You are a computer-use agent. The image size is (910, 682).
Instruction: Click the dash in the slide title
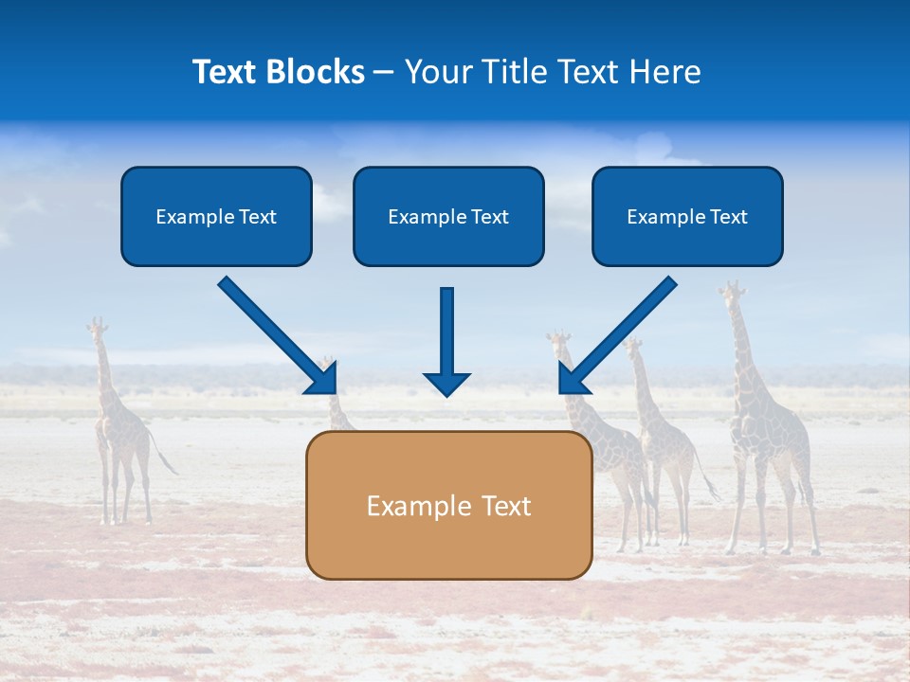tap(384, 73)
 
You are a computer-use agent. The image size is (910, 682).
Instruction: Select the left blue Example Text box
tap(216, 216)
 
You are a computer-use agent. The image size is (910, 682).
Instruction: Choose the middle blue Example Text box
tap(448, 216)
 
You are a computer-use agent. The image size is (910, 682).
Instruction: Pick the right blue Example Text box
tap(687, 216)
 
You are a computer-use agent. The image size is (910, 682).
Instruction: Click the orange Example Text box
tap(448, 505)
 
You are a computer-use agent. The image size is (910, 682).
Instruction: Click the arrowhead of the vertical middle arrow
tap(446, 384)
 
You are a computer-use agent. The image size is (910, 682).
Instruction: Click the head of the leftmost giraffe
tap(96, 329)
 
